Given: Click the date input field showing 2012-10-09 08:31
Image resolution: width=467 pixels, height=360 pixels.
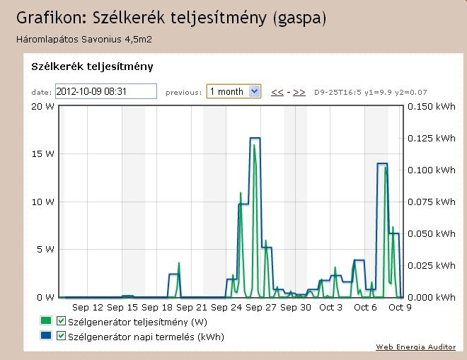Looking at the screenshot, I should pyautogui.click(x=105, y=91).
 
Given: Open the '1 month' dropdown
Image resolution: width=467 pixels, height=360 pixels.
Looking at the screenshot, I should pyautogui.click(x=233, y=91).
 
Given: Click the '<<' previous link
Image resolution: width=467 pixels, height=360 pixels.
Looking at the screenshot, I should pyautogui.click(x=277, y=92).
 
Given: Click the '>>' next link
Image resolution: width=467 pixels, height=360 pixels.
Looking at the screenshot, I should pyautogui.click(x=299, y=92).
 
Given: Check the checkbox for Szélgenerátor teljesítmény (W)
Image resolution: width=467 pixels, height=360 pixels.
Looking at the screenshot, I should pyautogui.click(x=61, y=322).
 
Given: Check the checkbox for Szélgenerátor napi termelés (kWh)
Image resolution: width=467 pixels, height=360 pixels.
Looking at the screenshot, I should pyautogui.click(x=61, y=337).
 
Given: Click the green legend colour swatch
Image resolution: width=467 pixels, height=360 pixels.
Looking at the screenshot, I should pyautogui.click(x=47, y=322).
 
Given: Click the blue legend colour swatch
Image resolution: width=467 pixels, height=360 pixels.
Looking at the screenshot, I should pyautogui.click(x=47, y=337).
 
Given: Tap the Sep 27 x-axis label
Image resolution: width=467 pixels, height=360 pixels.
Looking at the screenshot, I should pyautogui.click(x=261, y=308).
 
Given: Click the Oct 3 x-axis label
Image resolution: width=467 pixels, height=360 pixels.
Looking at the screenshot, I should pyautogui.click(x=330, y=308).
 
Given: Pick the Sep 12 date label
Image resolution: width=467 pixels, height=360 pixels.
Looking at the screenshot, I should pyautogui.click(x=88, y=308).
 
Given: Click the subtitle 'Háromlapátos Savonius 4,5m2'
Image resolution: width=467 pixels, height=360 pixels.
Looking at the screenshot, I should pyautogui.click(x=84, y=38).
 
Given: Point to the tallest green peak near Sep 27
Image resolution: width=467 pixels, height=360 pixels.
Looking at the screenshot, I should pyautogui.click(x=253, y=145).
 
